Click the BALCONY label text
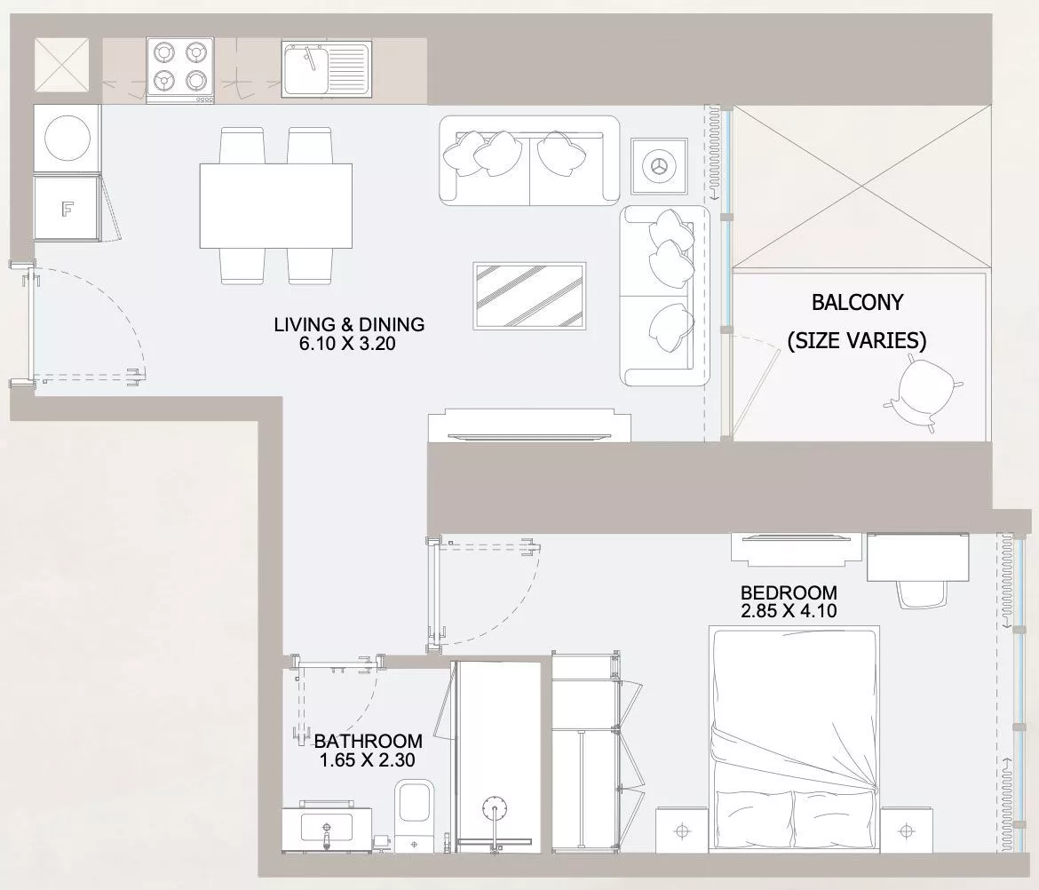pyautogui.click(x=857, y=302)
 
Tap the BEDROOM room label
pyautogui.click(x=789, y=592)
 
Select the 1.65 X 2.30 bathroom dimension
pyautogui.click(x=367, y=759)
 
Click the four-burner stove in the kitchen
pyautogui.click(x=180, y=70)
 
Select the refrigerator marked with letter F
pyautogui.click(x=67, y=209)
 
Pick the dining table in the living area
pyautogui.click(x=276, y=206)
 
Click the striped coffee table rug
pyautogui.click(x=529, y=296)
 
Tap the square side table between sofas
pyautogui.click(x=659, y=166)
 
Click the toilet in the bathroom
pyautogui.click(x=414, y=815)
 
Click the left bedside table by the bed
pyautogui.click(x=683, y=830)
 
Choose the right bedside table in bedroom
pyautogui.click(x=907, y=830)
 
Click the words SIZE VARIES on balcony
pyautogui.click(x=857, y=340)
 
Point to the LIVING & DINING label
pyautogui.click(x=349, y=324)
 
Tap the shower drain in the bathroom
pyautogui.click(x=495, y=810)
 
